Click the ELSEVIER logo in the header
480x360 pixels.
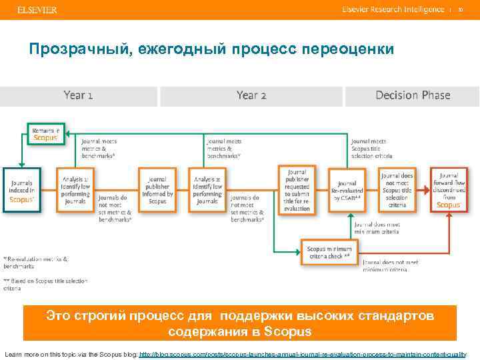(x=37, y=10)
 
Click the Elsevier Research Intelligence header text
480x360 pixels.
(x=393, y=10)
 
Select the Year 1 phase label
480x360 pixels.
(x=78, y=95)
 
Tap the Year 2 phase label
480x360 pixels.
(x=251, y=95)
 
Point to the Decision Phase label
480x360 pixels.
(x=413, y=95)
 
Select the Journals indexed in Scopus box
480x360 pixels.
(x=22, y=189)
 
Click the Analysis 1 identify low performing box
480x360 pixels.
(x=75, y=189)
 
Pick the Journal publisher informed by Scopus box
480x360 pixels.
(x=157, y=189)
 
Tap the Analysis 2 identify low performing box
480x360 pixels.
(x=208, y=189)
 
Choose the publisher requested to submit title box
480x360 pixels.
(x=297, y=189)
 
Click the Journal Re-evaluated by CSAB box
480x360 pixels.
(x=347, y=189)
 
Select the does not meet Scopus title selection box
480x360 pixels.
(x=397, y=189)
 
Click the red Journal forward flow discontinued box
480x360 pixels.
(x=449, y=189)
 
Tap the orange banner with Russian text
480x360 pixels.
(x=240, y=323)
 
